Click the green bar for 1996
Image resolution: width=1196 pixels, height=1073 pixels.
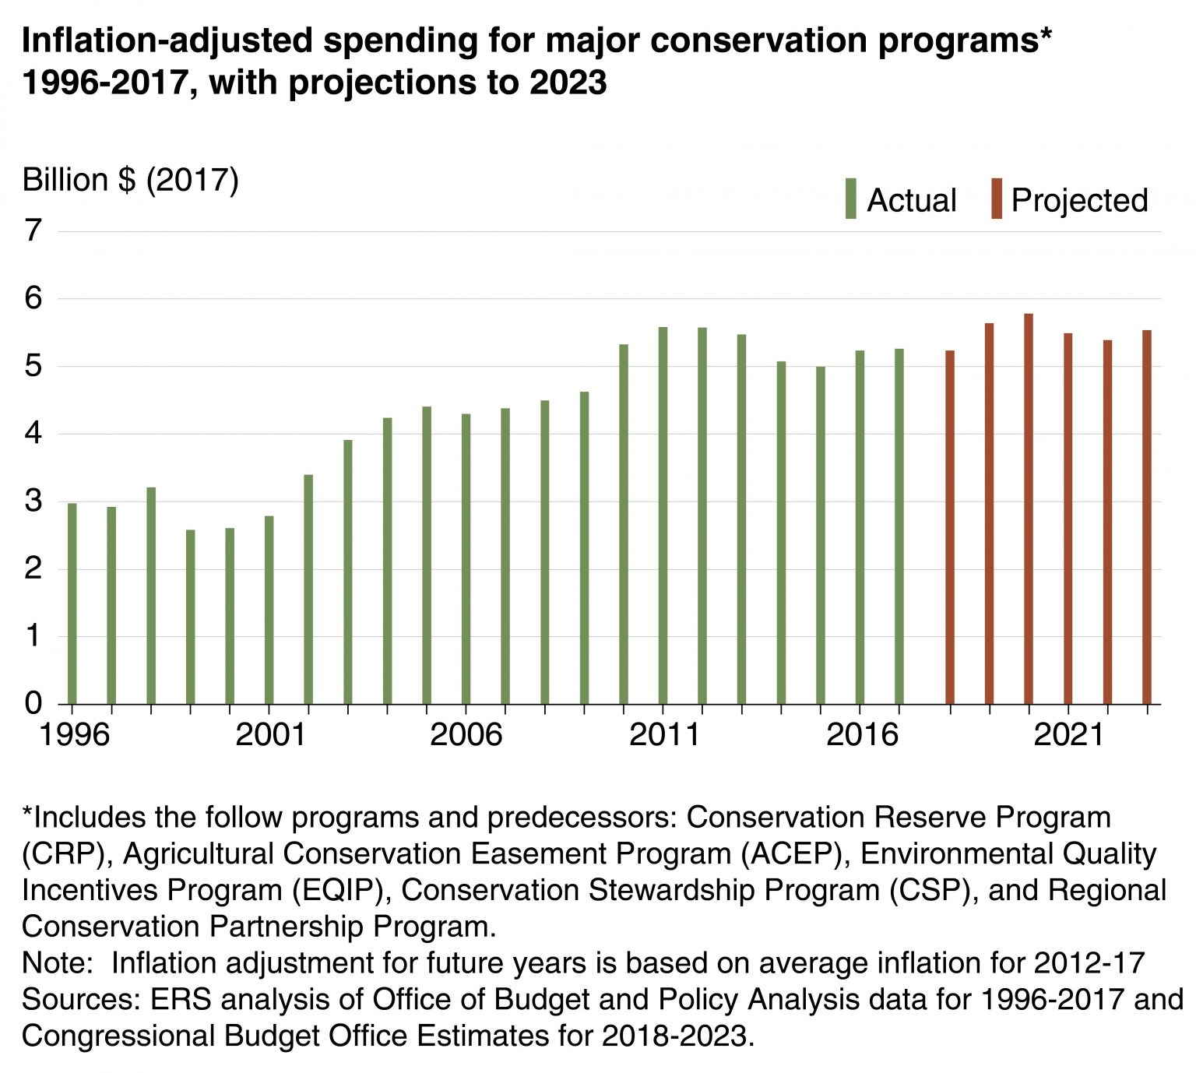point(72,603)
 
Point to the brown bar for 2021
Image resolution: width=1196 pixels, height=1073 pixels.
point(1068,519)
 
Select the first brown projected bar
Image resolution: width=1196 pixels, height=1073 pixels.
point(950,527)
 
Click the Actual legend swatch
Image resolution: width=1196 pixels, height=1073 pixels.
point(850,199)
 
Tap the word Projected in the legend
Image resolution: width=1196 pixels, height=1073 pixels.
point(1079,201)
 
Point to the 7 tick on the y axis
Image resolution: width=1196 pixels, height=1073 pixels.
point(33,231)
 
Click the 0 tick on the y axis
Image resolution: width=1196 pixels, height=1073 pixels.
point(33,704)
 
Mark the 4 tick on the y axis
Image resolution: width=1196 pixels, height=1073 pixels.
point(33,434)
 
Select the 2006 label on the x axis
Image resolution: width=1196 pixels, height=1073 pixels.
point(466,735)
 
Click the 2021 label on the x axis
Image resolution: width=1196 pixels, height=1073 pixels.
point(1068,735)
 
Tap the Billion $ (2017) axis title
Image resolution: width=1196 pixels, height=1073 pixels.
point(130,181)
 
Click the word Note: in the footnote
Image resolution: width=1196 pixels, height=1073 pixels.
point(58,963)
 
